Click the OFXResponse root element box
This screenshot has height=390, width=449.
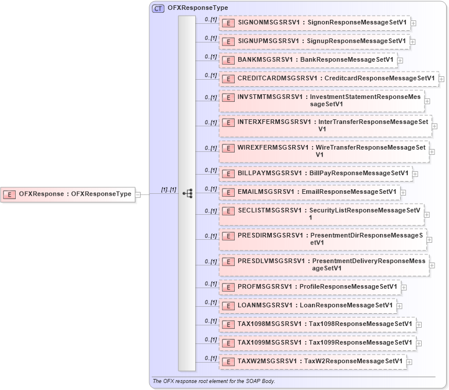[69, 194]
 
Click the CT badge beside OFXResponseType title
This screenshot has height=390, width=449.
[157, 8]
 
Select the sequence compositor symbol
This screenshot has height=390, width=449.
[187, 194]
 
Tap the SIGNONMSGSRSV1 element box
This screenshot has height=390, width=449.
[314, 23]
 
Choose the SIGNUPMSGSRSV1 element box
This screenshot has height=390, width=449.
[314, 41]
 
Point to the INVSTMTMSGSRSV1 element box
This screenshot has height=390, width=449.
[321, 100]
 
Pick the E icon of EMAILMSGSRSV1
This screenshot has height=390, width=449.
[228, 192]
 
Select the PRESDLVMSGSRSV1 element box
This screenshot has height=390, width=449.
[324, 265]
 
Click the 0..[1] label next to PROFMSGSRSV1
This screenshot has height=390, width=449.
[210, 283]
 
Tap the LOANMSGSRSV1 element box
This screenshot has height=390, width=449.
[307, 305]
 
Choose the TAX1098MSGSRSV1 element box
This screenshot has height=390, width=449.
[317, 324]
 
